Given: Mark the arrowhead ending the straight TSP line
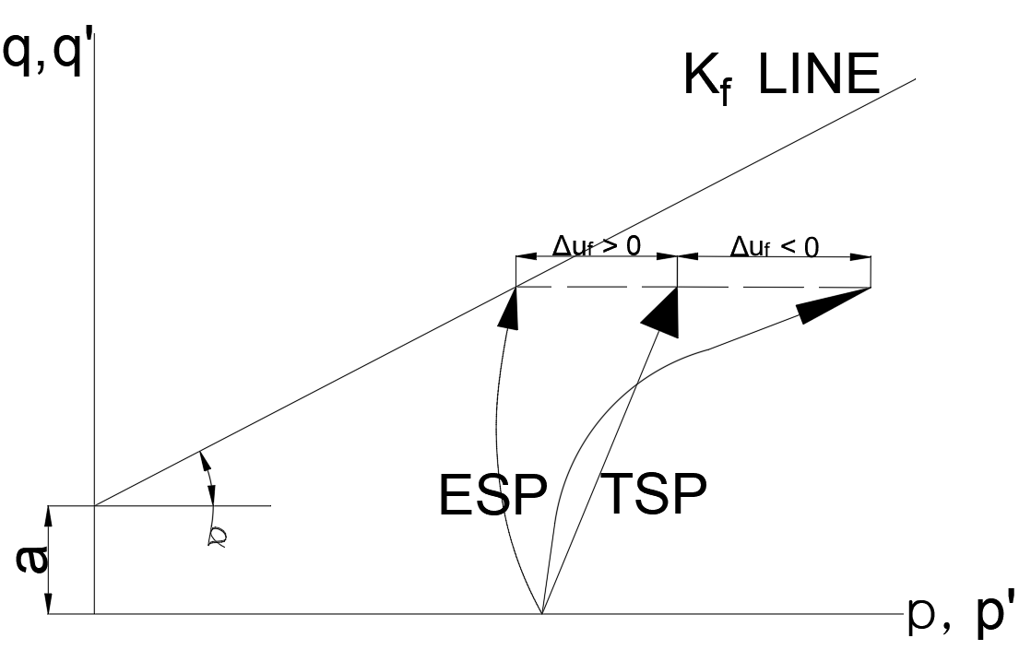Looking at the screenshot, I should point(663,313).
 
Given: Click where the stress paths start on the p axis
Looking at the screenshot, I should point(541,613).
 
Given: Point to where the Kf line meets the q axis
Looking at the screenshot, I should point(95,505).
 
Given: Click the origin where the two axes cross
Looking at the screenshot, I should point(95,613).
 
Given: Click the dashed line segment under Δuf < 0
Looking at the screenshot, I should point(775,287).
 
